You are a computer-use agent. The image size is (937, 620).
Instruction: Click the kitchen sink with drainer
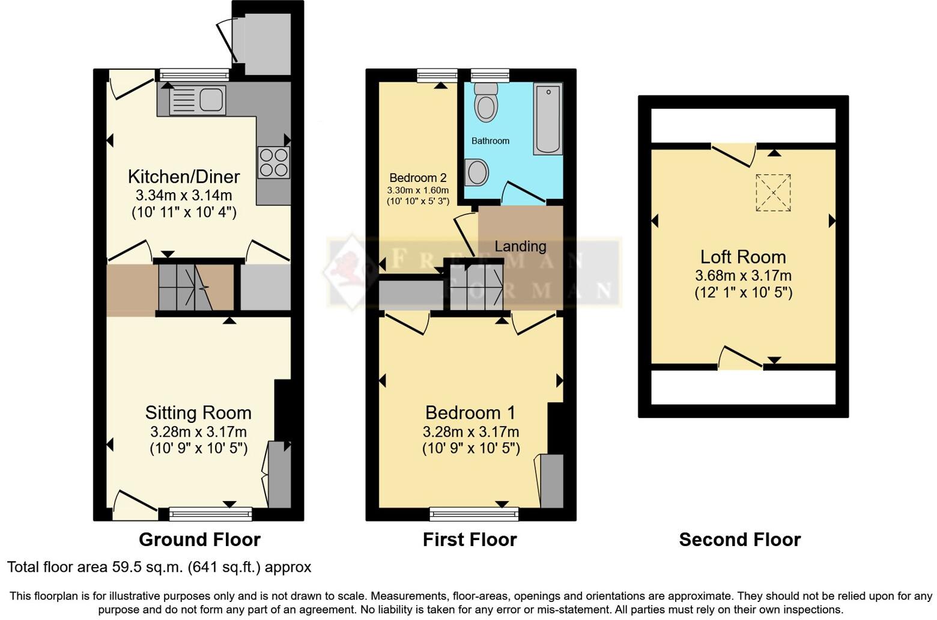coord(198,100)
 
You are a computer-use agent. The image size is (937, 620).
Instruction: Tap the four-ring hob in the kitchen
coord(274,162)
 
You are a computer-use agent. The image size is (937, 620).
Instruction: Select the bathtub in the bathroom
coord(548,119)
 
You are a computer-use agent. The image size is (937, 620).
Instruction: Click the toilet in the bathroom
coord(485,102)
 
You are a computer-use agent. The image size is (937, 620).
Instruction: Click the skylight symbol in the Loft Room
coord(773,192)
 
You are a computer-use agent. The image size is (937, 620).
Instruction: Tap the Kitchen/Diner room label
coord(184,177)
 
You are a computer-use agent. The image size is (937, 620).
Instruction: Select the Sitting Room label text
coord(198,413)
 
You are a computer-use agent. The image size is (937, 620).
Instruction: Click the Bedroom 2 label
coord(418,178)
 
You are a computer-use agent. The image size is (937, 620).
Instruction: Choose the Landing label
coord(520,246)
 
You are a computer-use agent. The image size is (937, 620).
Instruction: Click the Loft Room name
coord(743,257)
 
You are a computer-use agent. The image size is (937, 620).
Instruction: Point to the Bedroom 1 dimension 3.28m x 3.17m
coord(471,432)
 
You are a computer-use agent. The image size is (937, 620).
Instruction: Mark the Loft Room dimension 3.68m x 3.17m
coord(743,276)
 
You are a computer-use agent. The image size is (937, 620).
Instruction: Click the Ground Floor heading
coord(199,539)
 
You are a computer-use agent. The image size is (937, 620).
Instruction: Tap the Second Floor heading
coord(739,539)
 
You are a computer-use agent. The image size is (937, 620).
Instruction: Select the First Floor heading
coord(470,539)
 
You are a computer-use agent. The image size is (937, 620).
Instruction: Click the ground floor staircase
coord(195,287)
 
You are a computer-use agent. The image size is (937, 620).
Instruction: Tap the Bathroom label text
coord(490,141)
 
